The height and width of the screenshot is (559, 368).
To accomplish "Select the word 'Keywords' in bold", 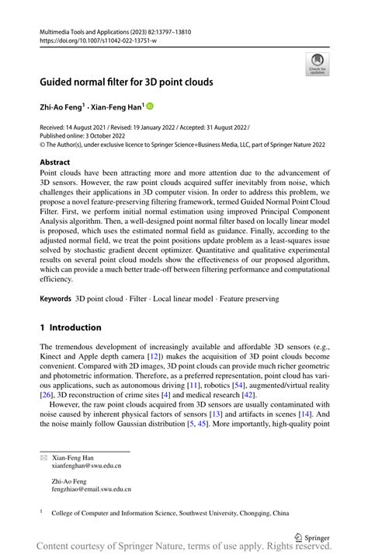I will [x=55, y=299].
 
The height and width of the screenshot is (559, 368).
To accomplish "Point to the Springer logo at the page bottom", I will [x=313, y=536].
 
